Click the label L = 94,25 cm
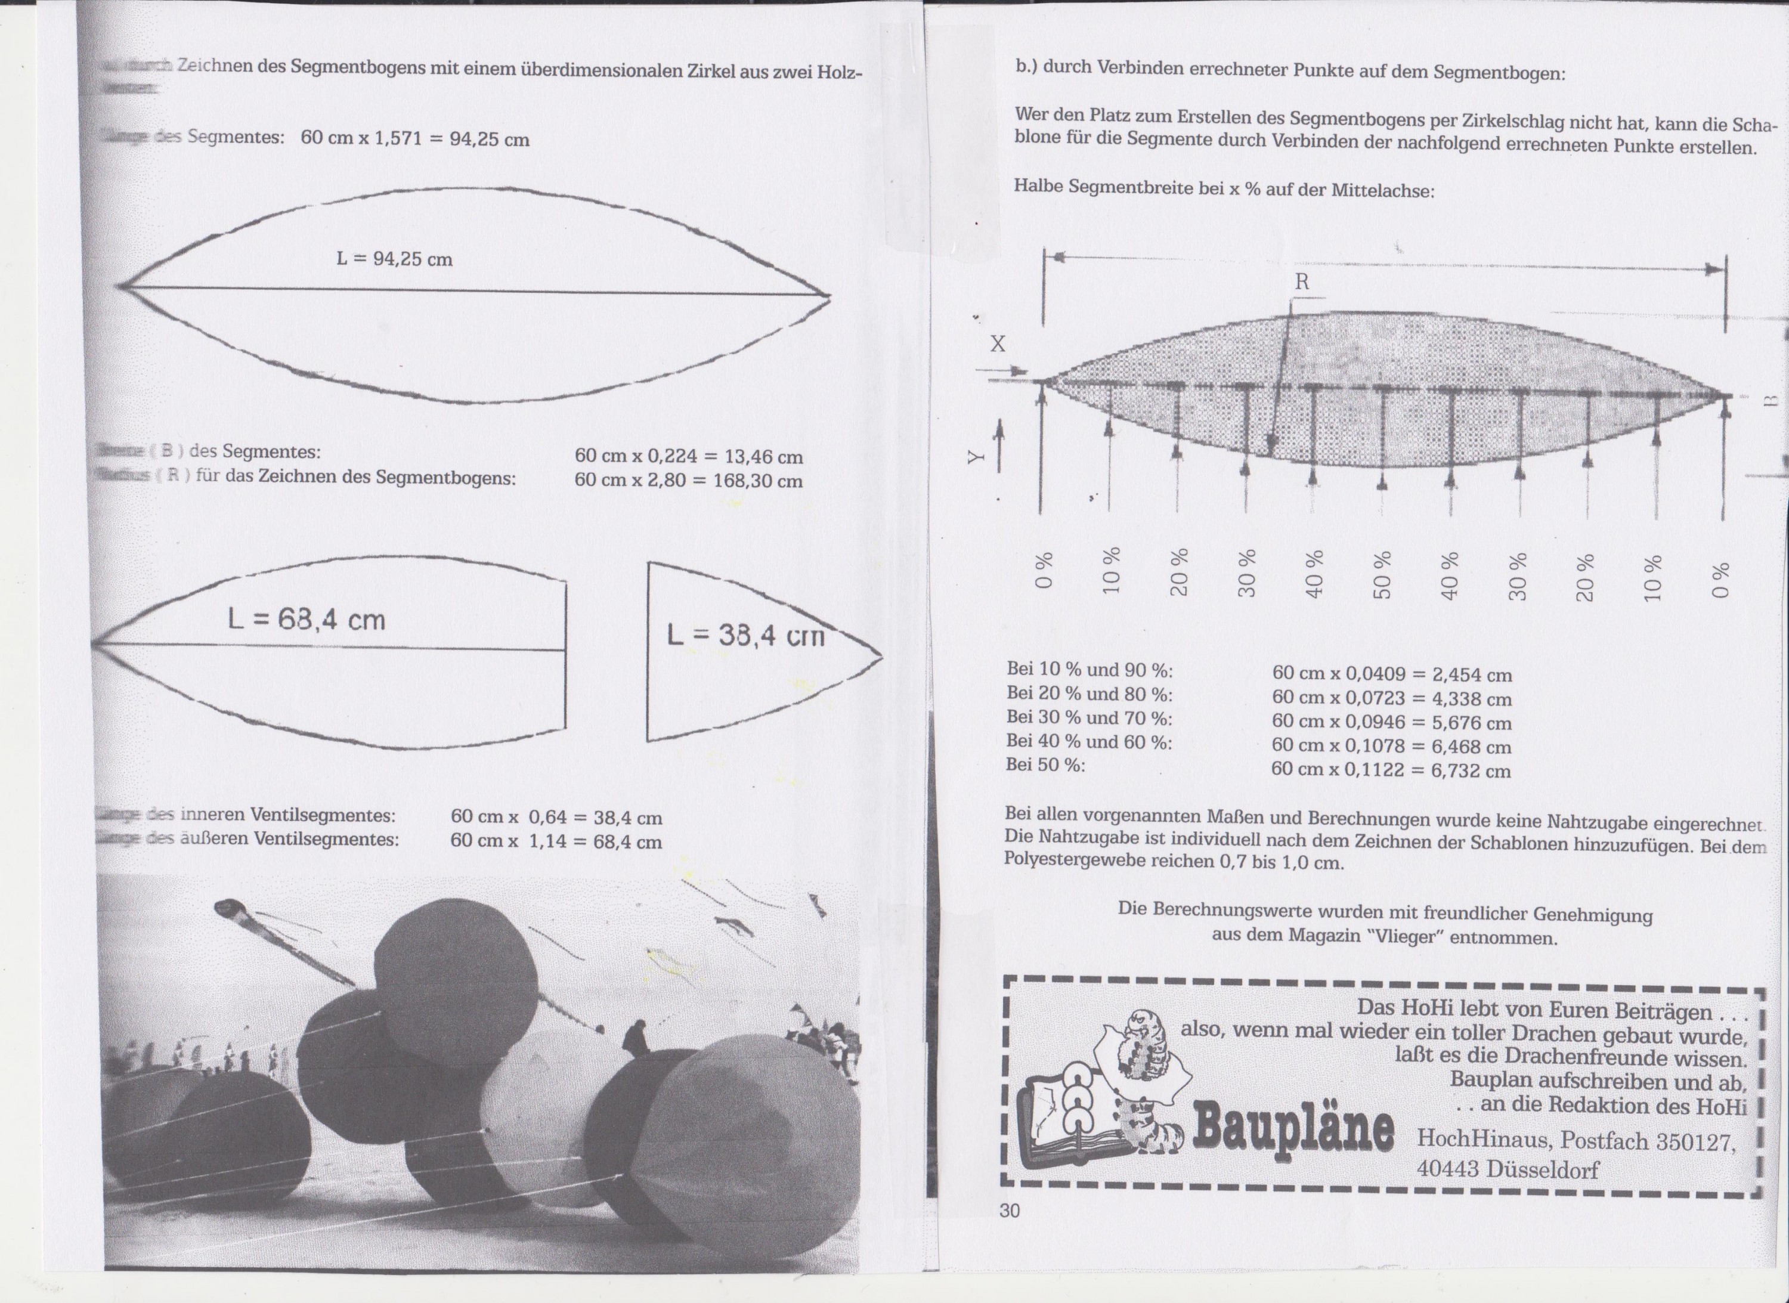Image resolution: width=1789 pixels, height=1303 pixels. (394, 259)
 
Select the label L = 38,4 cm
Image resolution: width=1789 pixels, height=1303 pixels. (745, 635)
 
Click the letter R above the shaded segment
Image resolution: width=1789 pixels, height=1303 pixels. (1302, 283)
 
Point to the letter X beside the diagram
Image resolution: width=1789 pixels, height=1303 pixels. (998, 344)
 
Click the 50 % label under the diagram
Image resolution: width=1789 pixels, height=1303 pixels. (1382, 575)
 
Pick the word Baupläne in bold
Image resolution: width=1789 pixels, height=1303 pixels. (1293, 1129)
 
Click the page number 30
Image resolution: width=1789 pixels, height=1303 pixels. (1010, 1211)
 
